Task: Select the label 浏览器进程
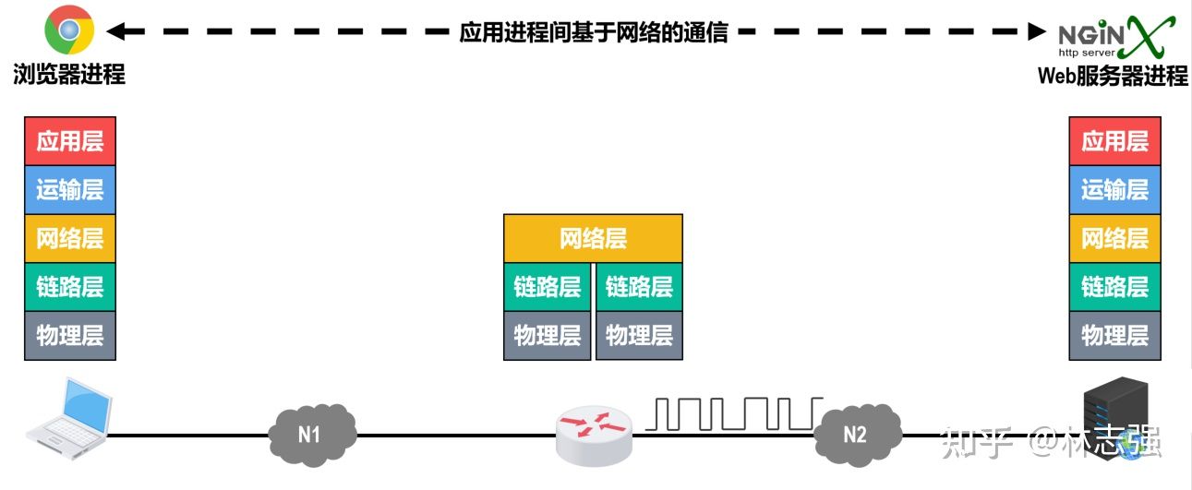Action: click(69, 75)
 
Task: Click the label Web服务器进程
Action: click(1113, 76)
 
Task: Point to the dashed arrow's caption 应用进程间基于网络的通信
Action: click(594, 31)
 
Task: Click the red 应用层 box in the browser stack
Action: click(70, 140)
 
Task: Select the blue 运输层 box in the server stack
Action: click(1114, 189)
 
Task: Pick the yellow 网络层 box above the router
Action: click(593, 238)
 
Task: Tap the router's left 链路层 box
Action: click(548, 287)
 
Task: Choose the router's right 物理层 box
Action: click(639, 335)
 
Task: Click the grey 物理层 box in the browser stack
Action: click(70, 335)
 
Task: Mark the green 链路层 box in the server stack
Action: click(1114, 286)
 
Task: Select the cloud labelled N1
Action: click(311, 432)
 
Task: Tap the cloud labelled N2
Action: click(856, 432)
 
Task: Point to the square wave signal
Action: click(734, 413)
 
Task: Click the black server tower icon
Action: click(1115, 417)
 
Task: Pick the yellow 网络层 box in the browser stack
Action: click(70, 238)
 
